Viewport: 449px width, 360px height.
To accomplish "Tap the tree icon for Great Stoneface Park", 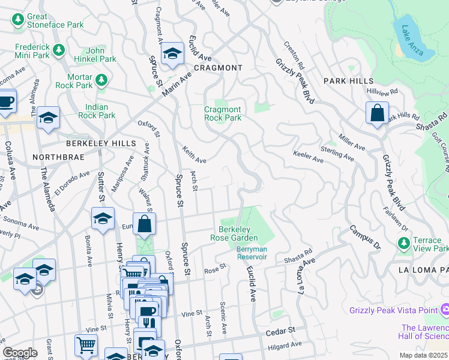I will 18,21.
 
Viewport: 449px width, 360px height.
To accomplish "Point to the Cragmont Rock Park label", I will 223,113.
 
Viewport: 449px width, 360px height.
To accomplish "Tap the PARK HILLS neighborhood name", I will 348,81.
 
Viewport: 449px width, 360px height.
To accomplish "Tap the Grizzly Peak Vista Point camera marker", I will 445,310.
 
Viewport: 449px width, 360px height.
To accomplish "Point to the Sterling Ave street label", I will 337,153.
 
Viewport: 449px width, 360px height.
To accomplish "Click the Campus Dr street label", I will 365,238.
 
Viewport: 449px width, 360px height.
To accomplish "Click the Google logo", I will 20,353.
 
